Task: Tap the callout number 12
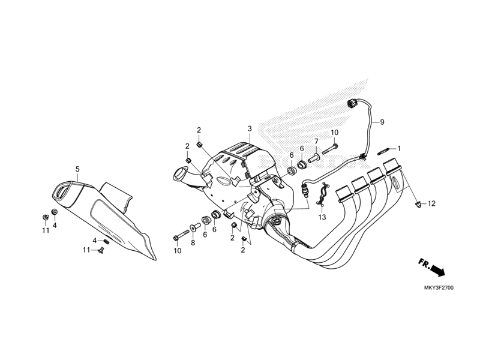[x=432, y=204]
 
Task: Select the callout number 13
[x=322, y=217]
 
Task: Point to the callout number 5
[x=77, y=169]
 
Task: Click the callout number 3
[x=249, y=129]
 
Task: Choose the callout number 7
[x=316, y=141]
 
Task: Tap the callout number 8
[x=193, y=242]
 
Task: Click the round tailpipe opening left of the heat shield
[x=179, y=175]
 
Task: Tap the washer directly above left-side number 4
[x=55, y=212]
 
